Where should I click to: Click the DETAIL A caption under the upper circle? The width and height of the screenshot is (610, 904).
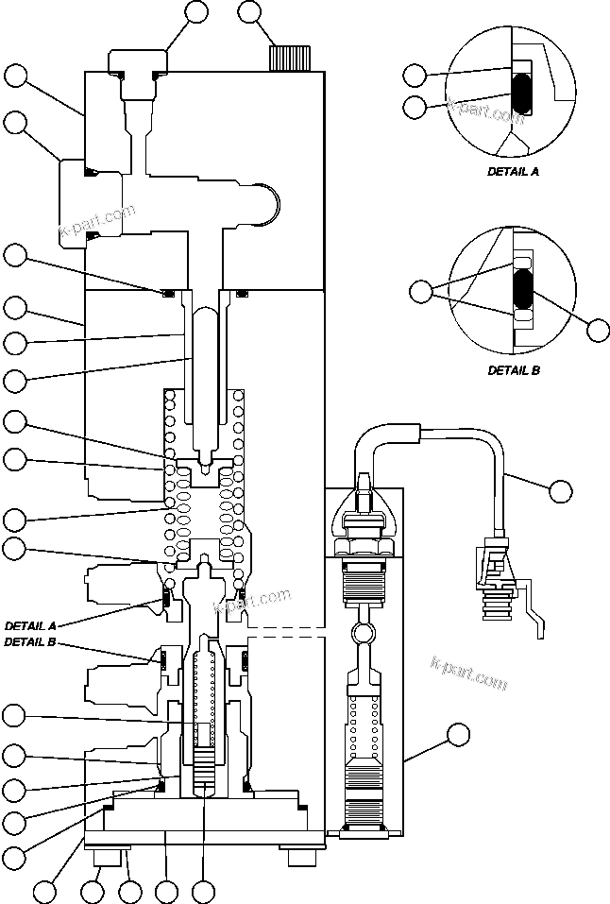pyautogui.click(x=513, y=172)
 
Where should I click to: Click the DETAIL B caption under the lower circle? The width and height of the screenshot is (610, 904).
pyautogui.click(x=513, y=370)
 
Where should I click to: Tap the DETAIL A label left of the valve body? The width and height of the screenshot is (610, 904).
pyautogui.click(x=31, y=625)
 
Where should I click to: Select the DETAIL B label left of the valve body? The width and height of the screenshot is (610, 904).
pyautogui.click(x=31, y=641)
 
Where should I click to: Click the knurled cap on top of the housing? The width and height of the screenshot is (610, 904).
pyautogui.click(x=283, y=58)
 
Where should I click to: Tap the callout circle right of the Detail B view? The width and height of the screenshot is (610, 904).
pyautogui.click(x=599, y=330)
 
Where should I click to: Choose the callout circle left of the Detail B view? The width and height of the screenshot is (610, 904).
pyautogui.click(x=422, y=289)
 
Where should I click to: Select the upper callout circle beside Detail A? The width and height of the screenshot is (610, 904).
pyautogui.click(x=415, y=75)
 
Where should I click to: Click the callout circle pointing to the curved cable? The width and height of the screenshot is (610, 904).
pyautogui.click(x=561, y=489)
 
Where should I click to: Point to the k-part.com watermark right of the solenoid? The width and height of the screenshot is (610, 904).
pyautogui.click(x=468, y=673)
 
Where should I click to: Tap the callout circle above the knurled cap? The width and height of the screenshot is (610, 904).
pyautogui.click(x=249, y=12)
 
